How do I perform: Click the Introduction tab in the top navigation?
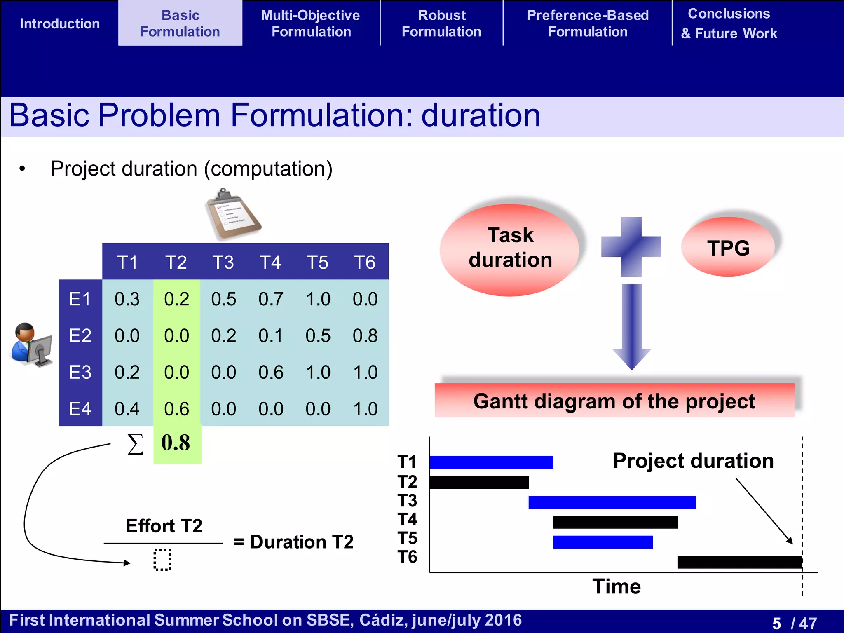pyautogui.click(x=60, y=23)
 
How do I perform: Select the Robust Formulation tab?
pyautogui.click(x=441, y=23)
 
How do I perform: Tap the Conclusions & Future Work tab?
pyautogui.click(x=729, y=23)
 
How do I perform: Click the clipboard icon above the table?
pyautogui.click(x=233, y=214)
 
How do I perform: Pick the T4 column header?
pyautogui.click(x=270, y=262)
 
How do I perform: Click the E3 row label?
pyautogui.click(x=80, y=372)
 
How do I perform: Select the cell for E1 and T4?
pyautogui.click(x=270, y=299)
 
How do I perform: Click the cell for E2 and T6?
pyautogui.click(x=365, y=335)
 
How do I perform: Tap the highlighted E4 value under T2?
pyautogui.click(x=176, y=409)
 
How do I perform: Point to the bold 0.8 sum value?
pyautogui.click(x=176, y=443)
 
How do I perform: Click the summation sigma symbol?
pyautogui.click(x=135, y=445)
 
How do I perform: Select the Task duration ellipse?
pyautogui.click(x=510, y=249)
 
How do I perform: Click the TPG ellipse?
pyautogui.click(x=728, y=248)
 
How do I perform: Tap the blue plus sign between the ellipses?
pyautogui.click(x=631, y=246)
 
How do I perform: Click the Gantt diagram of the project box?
pyautogui.click(x=614, y=401)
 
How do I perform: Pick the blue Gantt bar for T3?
pyautogui.click(x=612, y=502)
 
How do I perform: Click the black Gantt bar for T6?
pyautogui.click(x=739, y=562)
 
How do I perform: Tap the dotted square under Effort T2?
pyautogui.click(x=162, y=559)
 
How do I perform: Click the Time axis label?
pyautogui.click(x=617, y=586)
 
